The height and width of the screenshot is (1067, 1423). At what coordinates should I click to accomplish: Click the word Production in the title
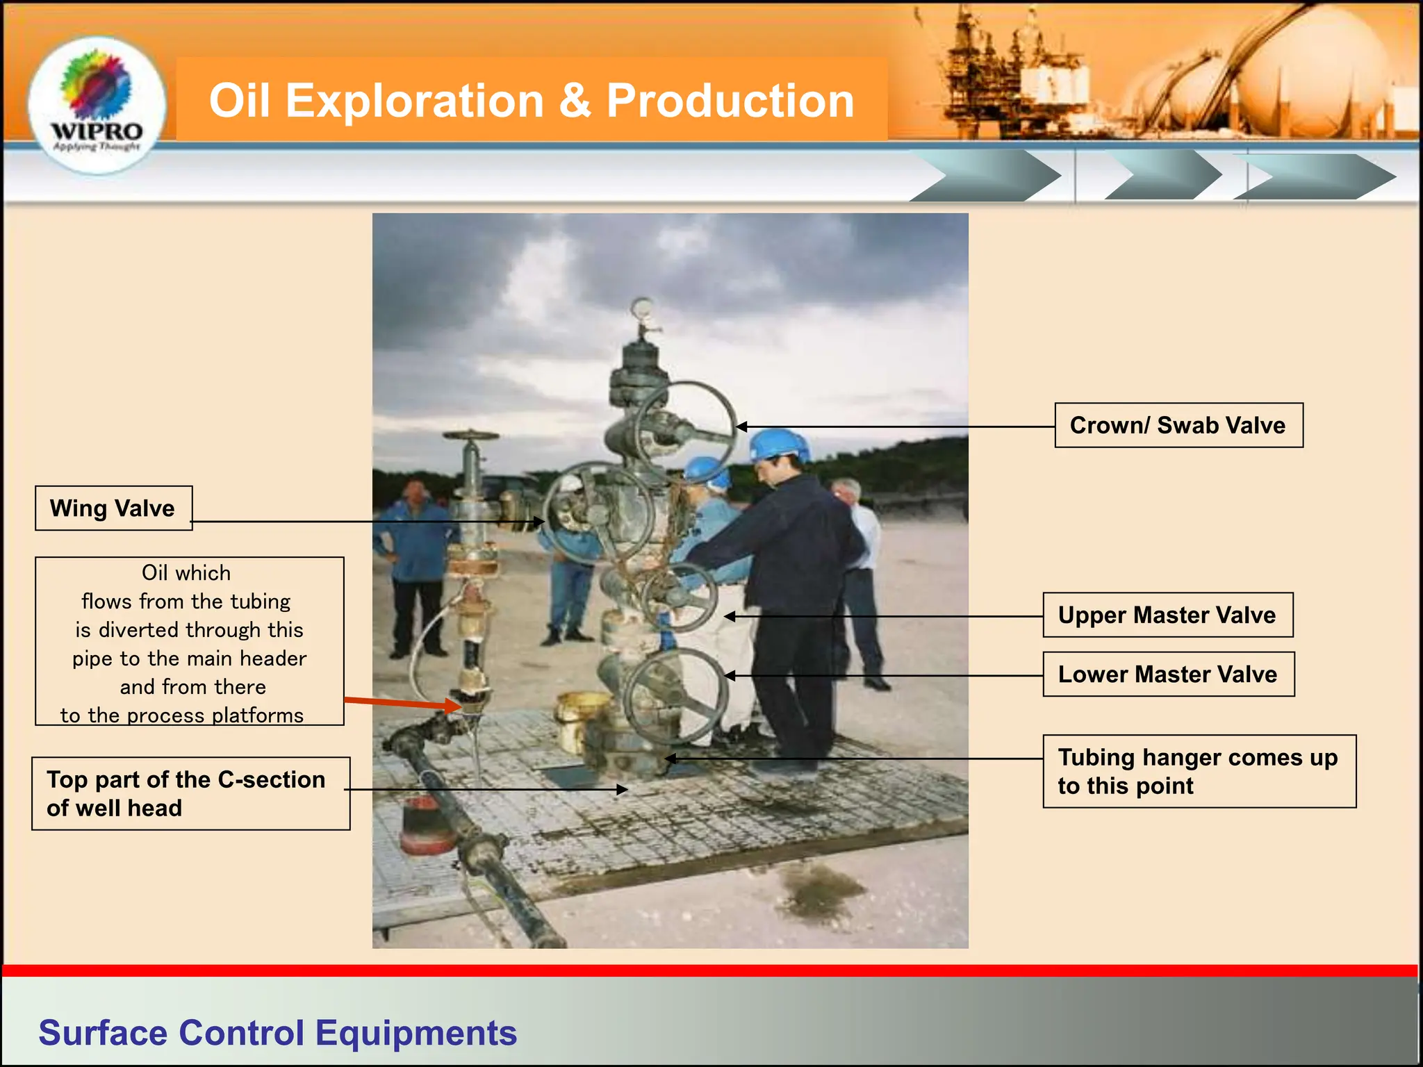tap(730, 101)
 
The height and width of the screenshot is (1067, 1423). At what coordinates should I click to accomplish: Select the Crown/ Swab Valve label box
tap(1178, 425)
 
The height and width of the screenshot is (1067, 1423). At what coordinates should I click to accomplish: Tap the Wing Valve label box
tap(113, 508)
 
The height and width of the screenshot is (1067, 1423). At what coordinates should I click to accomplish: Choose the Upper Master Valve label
tap(1167, 615)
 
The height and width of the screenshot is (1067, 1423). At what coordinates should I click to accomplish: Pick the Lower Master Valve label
tap(1168, 674)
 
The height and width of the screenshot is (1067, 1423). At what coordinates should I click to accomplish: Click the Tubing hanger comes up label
tap(1199, 771)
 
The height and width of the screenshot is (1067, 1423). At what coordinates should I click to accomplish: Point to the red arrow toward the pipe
tap(403, 703)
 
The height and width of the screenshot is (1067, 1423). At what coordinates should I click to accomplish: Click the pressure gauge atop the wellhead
tap(642, 308)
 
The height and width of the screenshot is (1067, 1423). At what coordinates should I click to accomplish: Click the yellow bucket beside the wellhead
tap(580, 719)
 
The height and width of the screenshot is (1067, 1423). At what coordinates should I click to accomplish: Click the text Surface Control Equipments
tap(277, 1032)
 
